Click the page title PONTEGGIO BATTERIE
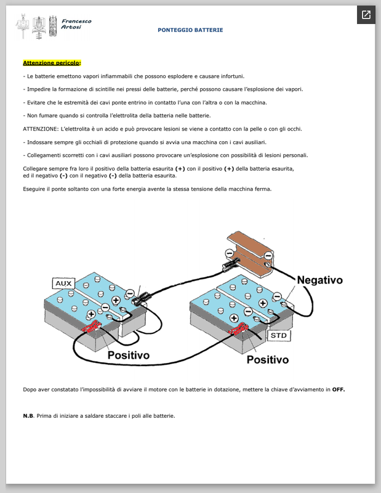click(x=190, y=30)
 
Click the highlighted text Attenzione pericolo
click(x=52, y=63)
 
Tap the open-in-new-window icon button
click(x=366, y=15)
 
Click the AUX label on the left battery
click(x=65, y=283)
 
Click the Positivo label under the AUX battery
click(x=129, y=355)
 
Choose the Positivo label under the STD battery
click(x=268, y=359)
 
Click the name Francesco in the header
click(x=77, y=21)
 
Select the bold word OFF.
click(x=339, y=389)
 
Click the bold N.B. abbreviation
click(x=28, y=416)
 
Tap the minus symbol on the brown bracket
click(x=228, y=253)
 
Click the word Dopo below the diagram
click(x=29, y=389)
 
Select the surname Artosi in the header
click(x=71, y=26)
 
